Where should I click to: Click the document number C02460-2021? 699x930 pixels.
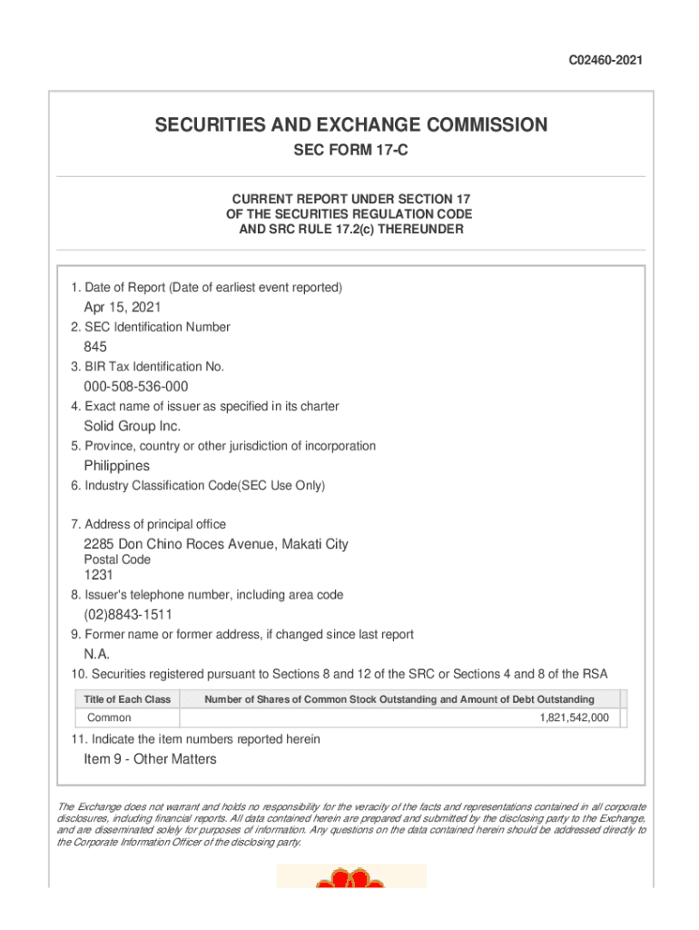pos(605,61)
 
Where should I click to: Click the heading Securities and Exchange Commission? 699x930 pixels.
pos(351,125)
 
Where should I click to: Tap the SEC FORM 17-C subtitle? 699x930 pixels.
pos(350,151)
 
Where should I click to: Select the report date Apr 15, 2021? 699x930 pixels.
pos(123,307)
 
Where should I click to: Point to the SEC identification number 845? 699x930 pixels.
pos(95,347)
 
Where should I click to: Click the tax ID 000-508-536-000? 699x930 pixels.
pos(136,387)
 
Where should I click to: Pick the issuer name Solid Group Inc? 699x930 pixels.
pos(133,426)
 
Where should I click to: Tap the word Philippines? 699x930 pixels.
pos(116,466)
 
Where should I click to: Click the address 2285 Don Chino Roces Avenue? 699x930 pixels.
pos(216,544)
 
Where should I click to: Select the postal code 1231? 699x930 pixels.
pos(99,575)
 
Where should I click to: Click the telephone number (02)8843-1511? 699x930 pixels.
pos(128,615)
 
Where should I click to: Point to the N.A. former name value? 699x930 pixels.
pos(97,654)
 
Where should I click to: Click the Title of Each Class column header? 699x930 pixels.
pos(127,699)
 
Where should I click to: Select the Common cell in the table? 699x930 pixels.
pos(109,717)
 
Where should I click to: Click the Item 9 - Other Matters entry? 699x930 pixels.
pos(150,759)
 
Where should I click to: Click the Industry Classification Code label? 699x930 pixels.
pos(198,486)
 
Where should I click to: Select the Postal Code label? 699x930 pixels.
pos(117,560)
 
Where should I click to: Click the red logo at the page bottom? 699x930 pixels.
pos(350,880)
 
